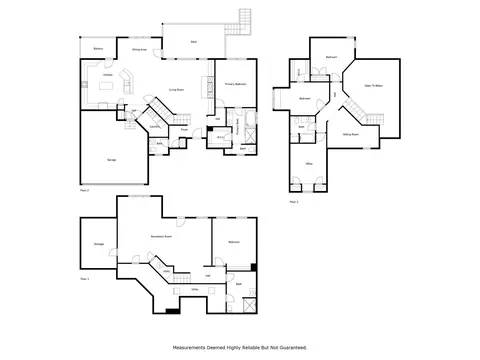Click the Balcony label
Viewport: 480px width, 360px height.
tap(98, 48)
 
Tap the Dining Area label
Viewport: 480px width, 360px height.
tap(139, 48)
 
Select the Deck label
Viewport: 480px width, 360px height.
tap(194, 43)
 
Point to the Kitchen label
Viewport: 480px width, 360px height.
tap(107, 74)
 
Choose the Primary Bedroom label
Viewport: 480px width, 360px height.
tap(235, 84)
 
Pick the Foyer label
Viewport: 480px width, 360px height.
tap(185, 129)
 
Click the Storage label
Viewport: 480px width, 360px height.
tap(99, 243)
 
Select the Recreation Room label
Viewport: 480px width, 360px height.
tap(157, 237)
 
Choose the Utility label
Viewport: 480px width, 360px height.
tap(194, 289)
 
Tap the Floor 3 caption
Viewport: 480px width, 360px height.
tap(294, 201)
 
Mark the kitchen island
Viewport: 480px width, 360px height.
tap(105, 87)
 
